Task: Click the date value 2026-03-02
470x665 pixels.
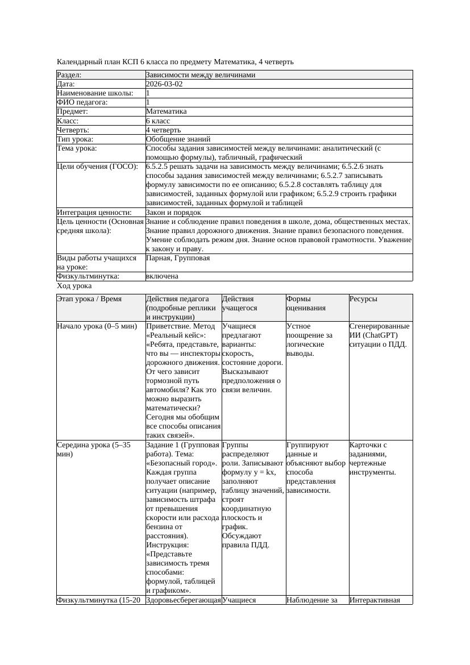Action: (164, 84)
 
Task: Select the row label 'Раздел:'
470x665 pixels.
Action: (69, 75)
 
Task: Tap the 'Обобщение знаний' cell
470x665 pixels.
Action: (178, 139)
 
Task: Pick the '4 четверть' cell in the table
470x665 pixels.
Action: (163, 130)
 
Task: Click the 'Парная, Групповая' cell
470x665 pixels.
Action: (178, 258)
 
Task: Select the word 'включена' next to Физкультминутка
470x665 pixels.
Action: (162, 276)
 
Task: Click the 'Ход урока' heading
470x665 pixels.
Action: (74, 286)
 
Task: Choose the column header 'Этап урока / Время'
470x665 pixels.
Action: (89, 299)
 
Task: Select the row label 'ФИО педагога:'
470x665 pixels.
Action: (82, 102)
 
